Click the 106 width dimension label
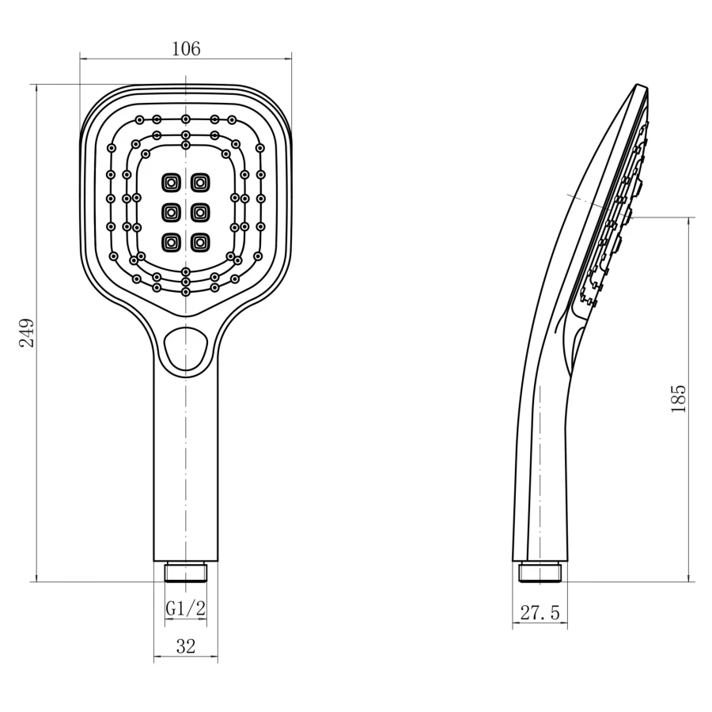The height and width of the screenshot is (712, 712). (186, 48)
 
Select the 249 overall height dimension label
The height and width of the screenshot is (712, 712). (27, 333)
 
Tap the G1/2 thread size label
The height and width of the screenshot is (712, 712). (186, 608)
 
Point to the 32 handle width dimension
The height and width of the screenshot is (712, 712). (186, 646)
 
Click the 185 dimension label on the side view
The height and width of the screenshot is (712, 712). (679, 399)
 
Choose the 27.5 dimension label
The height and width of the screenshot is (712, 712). (540, 612)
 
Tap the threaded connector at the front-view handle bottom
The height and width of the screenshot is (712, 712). (186, 572)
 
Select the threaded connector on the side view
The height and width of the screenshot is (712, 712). (540, 572)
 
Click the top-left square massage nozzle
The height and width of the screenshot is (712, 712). (171, 183)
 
